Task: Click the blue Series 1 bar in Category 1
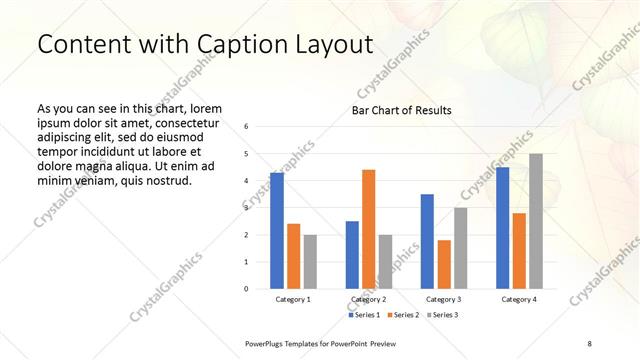click(277, 231)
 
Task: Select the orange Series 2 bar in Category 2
click(369, 229)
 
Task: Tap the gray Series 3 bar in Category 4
click(536, 221)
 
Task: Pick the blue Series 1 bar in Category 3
click(427, 241)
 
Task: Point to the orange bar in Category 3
click(444, 264)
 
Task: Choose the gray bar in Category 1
click(310, 262)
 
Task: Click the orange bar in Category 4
click(519, 251)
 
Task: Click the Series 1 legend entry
click(365, 315)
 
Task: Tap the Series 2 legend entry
click(402, 315)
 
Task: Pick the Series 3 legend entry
click(440, 315)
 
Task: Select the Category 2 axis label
click(369, 299)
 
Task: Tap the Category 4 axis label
click(519, 299)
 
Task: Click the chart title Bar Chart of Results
click(402, 110)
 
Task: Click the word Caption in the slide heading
click(218, 44)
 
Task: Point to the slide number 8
click(589, 343)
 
